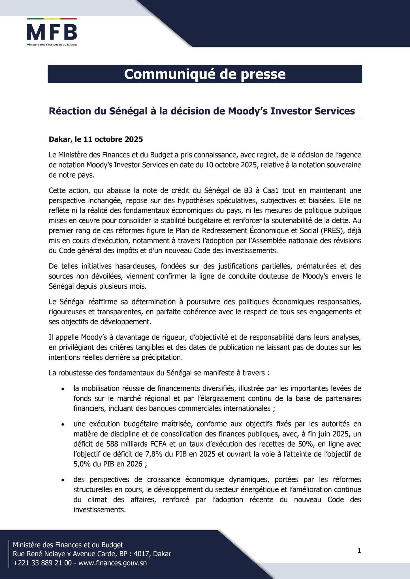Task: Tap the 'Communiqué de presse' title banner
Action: [x=205, y=74]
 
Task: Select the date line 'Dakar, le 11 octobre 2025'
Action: [x=96, y=139]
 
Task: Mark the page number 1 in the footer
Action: [x=359, y=550]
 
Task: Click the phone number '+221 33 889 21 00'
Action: [x=42, y=563]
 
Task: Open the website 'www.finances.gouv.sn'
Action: [x=112, y=563]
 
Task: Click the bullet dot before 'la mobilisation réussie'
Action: [x=63, y=389]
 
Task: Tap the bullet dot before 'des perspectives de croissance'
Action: [x=63, y=480]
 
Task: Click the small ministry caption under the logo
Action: [x=52, y=45]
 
